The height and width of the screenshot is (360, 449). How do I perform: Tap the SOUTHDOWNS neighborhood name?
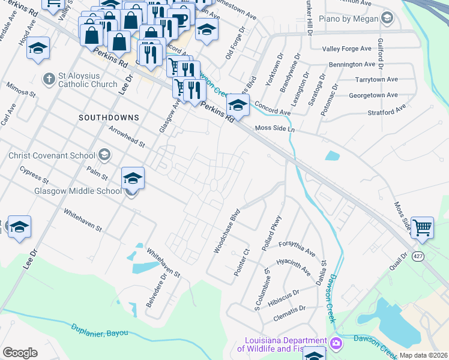click(109, 118)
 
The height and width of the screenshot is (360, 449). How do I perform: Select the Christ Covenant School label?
click(52, 155)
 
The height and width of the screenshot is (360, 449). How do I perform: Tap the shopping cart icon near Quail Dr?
click(423, 227)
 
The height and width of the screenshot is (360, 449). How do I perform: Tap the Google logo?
click(20, 353)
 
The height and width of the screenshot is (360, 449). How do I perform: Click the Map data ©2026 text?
click(423, 355)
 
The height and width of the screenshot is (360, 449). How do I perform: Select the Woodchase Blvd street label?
click(226, 231)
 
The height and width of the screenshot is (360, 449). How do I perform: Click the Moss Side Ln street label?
click(276, 128)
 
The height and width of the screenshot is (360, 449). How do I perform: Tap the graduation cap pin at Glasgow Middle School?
click(133, 178)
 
